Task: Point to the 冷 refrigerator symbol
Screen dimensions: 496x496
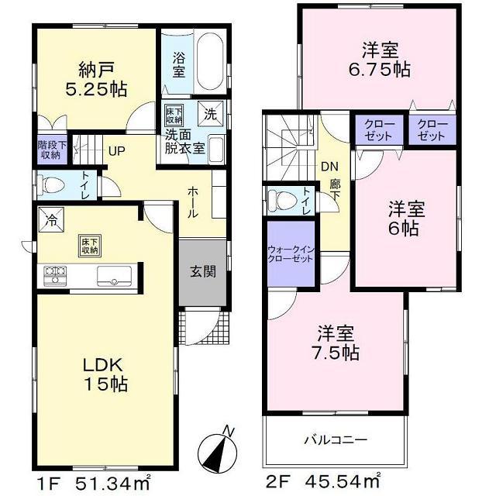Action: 49,219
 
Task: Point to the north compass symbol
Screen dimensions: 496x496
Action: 218,447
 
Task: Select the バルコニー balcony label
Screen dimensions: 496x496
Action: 335,439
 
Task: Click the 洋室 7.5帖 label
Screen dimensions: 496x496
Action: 336,343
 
